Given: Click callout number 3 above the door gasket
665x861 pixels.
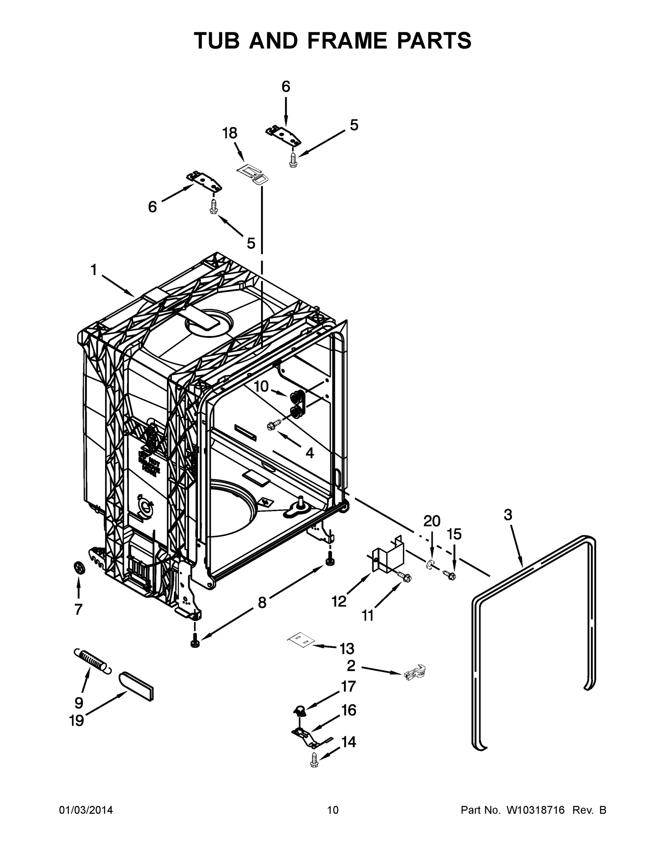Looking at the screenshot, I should click(x=508, y=514).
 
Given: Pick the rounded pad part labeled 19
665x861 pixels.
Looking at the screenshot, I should click(x=136, y=686).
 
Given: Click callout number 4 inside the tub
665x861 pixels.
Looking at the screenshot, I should click(x=310, y=453).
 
